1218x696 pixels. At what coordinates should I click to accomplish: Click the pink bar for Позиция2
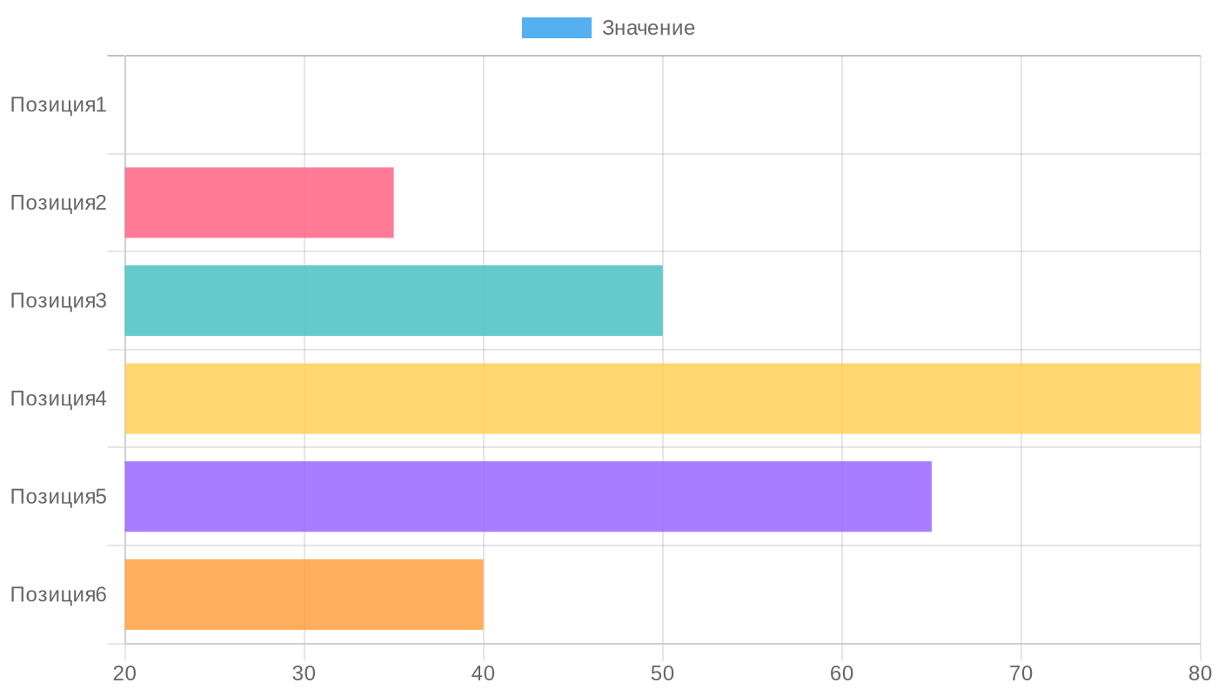[x=259, y=203]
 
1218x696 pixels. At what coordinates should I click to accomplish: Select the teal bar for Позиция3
[x=393, y=300]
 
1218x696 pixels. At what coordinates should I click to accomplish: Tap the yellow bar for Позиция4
[x=662, y=398]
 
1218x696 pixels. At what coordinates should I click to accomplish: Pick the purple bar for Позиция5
[x=528, y=496]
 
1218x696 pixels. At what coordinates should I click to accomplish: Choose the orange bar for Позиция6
[x=304, y=594]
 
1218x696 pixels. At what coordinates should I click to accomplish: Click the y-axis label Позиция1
[x=58, y=105]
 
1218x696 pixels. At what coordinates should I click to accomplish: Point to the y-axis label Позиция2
[x=58, y=203]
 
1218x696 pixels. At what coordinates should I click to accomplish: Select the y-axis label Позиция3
[x=58, y=301]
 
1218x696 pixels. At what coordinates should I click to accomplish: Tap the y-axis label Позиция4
[x=58, y=398]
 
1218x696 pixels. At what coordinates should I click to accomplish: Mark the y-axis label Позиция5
[x=58, y=497]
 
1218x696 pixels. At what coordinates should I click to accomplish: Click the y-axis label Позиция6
[x=58, y=594]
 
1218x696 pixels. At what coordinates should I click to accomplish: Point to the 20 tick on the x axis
[x=125, y=673]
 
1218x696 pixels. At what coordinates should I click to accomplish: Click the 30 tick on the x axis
[x=304, y=673]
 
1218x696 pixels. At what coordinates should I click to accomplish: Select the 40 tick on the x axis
[x=484, y=673]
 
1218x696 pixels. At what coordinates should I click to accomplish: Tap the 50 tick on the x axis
[x=663, y=673]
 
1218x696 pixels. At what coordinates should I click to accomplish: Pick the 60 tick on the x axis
[x=842, y=673]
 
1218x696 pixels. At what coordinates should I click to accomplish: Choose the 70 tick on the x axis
[x=1021, y=673]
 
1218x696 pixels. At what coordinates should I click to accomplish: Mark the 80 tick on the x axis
[x=1200, y=673]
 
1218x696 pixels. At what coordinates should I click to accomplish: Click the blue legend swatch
[x=556, y=28]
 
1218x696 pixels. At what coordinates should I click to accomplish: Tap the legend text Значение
[x=648, y=28]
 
